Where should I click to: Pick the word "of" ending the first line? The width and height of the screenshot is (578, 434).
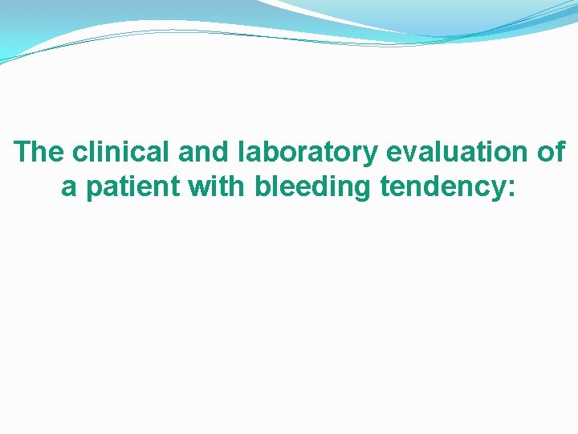tap(552, 152)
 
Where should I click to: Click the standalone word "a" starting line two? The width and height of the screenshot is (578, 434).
tap(69, 187)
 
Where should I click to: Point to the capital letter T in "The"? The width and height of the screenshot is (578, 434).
tap(23, 152)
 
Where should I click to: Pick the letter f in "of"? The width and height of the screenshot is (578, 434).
tap(560, 152)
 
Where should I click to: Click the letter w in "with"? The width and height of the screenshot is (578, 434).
tap(200, 188)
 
